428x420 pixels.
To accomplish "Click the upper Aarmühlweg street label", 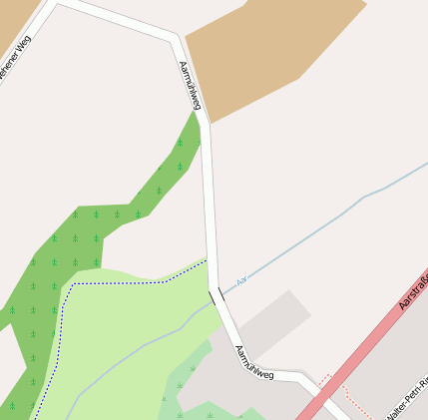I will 190,86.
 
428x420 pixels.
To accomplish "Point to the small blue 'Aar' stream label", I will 241,281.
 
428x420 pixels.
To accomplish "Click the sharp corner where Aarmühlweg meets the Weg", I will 56,4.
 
